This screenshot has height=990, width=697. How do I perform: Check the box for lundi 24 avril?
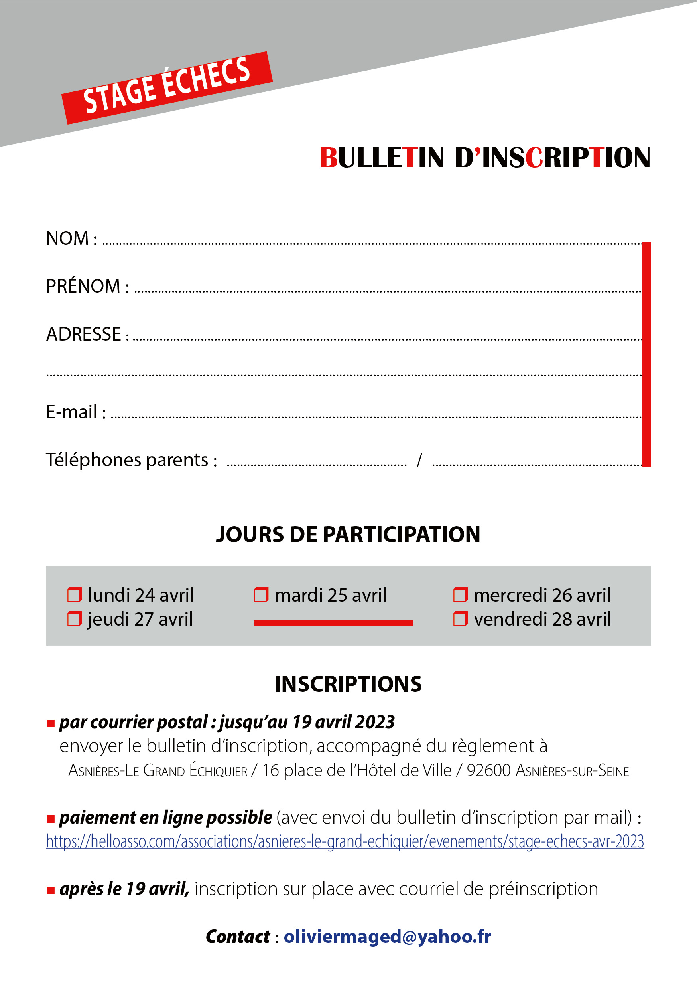(75, 595)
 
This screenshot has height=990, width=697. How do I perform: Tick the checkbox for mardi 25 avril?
(261, 595)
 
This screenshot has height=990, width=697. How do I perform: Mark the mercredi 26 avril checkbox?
(460, 595)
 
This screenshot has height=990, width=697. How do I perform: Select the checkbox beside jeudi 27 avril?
(75, 619)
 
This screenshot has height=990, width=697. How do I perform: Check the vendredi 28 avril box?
(460, 619)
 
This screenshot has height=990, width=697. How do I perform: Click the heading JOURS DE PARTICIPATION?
(348, 534)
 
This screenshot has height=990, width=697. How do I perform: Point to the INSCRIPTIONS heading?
(348, 684)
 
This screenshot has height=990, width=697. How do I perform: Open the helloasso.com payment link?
(345, 841)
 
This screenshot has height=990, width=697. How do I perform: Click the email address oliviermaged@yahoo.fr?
(387, 937)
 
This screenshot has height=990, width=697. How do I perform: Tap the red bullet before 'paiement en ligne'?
(51, 818)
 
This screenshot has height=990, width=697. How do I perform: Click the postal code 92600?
(488, 770)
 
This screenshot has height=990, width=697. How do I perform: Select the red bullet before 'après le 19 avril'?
(51, 890)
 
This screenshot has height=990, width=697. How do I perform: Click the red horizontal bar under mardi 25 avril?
(333, 623)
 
